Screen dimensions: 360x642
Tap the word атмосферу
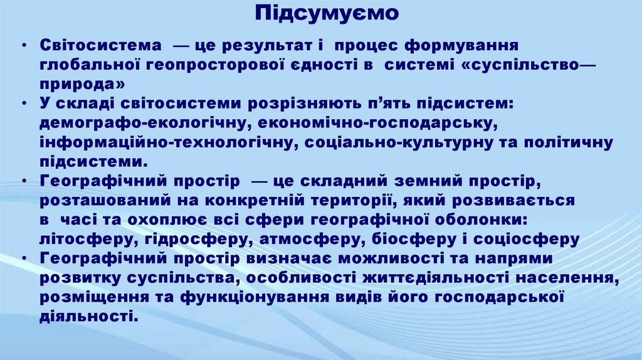[x=304, y=240]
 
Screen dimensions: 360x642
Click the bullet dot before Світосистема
[x=23, y=46]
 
